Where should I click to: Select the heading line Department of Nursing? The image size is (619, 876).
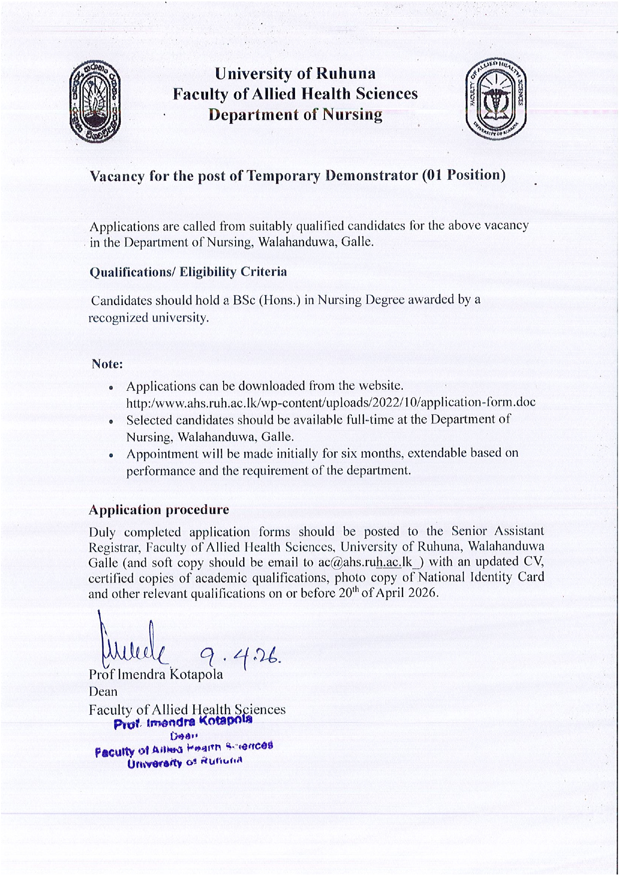[x=296, y=115]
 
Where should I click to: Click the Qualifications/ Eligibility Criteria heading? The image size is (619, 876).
[x=188, y=272]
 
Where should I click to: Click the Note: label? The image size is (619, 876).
[x=107, y=364]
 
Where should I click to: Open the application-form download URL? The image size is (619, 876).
[x=330, y=402]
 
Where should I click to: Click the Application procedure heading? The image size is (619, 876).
[x=159, y=510]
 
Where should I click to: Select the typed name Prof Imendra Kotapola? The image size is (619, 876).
[x=156, y=674]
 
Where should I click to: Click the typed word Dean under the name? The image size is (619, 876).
[x=103, y=692]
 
